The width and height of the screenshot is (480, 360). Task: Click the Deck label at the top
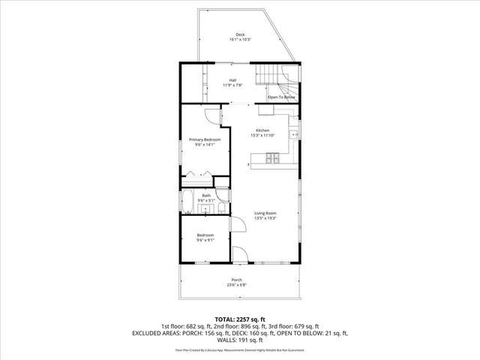[x=240, y=34]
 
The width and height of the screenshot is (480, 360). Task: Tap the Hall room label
[x=233, y=80]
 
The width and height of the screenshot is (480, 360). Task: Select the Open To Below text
[x=282, y=97]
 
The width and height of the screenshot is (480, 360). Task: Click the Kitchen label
[x=262, y=130]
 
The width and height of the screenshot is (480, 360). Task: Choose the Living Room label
[x=265, y=214]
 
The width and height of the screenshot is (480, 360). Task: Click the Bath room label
[x=206, y=196]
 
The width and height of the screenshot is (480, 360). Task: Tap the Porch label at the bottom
[x=240, y=280]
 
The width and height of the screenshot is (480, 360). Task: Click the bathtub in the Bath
[x=189, y=202]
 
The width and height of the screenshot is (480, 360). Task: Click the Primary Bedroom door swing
[x=212, y=116]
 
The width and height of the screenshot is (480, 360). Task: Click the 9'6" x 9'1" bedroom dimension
[x=205, y=241]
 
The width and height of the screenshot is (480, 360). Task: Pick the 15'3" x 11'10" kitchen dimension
[x=262, y=136]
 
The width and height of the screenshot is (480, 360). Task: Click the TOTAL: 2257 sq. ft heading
[x=240, y=319]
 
